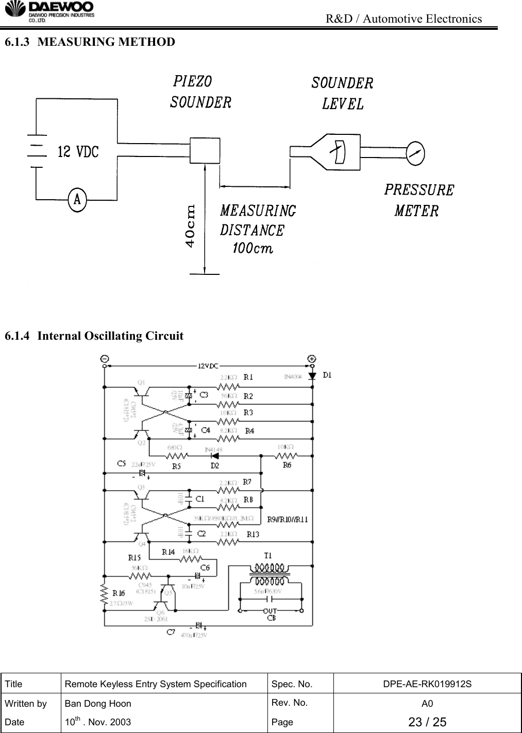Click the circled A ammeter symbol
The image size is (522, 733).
tap(77, 198)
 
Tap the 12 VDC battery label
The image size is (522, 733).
tap(78, 152)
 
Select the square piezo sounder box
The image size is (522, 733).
tap(205, 150)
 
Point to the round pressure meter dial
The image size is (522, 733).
tap(415, 152)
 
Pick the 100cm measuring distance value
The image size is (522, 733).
tap(252, 249)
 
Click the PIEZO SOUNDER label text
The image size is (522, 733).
tap(200, 92)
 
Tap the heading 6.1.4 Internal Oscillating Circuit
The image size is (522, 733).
tap(94, 336)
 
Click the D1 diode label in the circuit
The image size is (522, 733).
tap(327, 375)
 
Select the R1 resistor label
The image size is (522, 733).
tap(249, 377)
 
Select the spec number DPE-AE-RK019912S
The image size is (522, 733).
tap(427, 684)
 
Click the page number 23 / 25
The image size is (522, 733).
tap(427, 722)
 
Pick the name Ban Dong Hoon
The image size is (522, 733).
tap(97, 703)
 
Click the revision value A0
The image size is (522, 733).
tap(427, 703)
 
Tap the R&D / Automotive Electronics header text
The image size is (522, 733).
tap(405, 19)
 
